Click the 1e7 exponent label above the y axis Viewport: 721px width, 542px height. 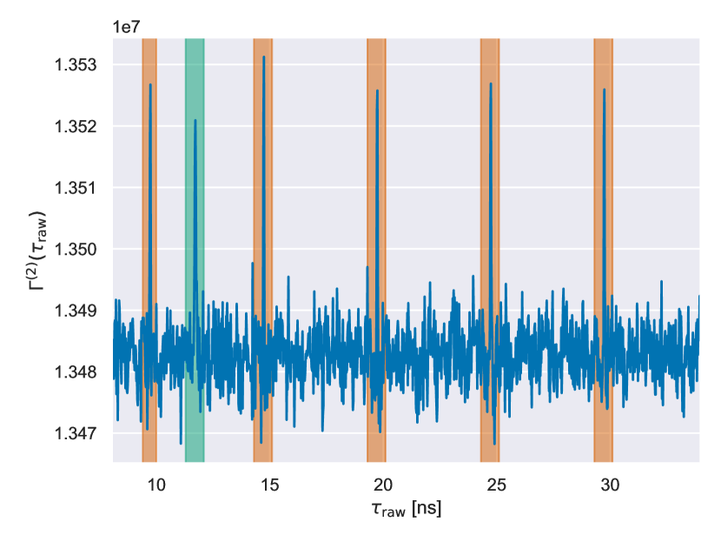[127, 27]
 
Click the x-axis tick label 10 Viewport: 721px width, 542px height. [155, 484]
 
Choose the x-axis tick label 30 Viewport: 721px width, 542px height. [611, 484]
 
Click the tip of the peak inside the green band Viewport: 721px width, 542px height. [195, 120]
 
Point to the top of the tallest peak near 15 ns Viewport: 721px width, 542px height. [264, 57]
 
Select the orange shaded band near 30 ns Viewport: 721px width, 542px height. [603, 261]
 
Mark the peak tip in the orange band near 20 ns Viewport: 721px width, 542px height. [377, 90]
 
